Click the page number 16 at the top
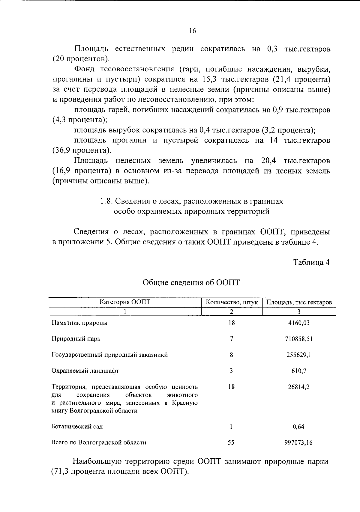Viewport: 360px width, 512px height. pyautogui.click(x=193, y=31)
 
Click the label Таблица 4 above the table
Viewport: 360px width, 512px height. pyautogui.click(x=311, y=262)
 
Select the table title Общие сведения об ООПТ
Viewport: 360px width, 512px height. pyautogui.click(x=191, y=282)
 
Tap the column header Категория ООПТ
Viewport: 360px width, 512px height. pyautogui.click(x=125, y=302)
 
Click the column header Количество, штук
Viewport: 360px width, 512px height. pyautogui.click(x=232, y=302)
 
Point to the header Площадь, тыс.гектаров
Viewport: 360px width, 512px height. pyautogui.click(x=299, y=302)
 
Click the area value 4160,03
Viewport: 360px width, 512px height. pyautogui.click(x=299, y=323)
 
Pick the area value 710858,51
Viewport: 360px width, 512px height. pyautogui.click(x=299, y=339)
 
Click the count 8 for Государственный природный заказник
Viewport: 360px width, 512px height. pyautogui.click(x=231, y=355)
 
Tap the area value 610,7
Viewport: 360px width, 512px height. pyautogui.click(x=299, y=371)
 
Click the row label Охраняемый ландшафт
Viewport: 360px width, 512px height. pyautogui.click(x=85, y=371)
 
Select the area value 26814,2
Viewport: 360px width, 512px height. pyautogui.click(x=299, y=387)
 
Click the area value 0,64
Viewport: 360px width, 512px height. pyautogui.click(x=299, y=426)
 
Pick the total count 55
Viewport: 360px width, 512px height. pyautogui.click(x=231, y=442)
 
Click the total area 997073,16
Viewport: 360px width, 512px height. pyautogui.click(x=298, y=442)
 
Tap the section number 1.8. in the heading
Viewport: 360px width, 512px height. pyautogui.click(x=106, y=201)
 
